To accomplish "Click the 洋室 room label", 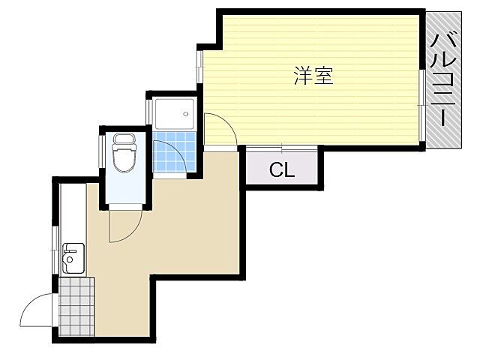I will tap(313, 76).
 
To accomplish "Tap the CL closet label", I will tap(282, 170).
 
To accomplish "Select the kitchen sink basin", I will tap(71, 262).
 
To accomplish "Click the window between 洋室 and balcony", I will tap(422, 105).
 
